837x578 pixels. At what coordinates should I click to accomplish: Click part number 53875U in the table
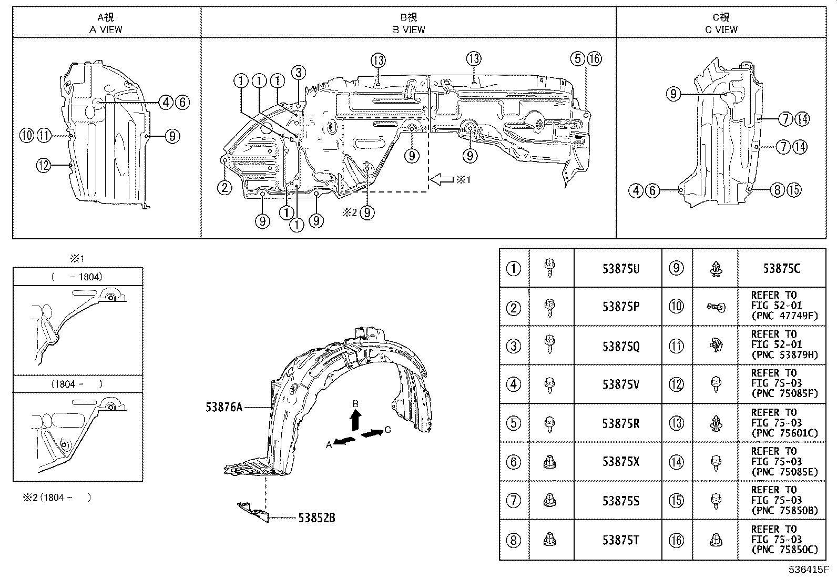(x=620, y=269)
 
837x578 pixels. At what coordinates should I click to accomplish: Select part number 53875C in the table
(x=781, y=269)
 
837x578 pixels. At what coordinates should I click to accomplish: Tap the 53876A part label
(x=224, y=407)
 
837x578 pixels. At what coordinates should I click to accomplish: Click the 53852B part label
(x=317, y=518)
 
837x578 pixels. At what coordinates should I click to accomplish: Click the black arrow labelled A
(x=345, y=441)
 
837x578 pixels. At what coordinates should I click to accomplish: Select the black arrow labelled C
(x=372, y=433)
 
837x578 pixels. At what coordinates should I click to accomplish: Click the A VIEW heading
(x=106, y=30)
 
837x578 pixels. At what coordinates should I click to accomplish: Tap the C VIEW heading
(x=721, y=30)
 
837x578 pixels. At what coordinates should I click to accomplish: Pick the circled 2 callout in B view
(x=224, y=187)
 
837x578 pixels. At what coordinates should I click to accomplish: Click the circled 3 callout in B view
(x=298, y=72)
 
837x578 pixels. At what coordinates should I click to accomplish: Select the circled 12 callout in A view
(x=44, y=166)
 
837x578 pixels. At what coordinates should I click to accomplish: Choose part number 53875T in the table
(x=620, y=540)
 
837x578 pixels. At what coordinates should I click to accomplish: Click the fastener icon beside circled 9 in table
(x=715, y=269)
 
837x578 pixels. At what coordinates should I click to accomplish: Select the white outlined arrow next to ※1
(x=441, y=179)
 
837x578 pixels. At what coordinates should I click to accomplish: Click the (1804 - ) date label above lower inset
(x=77, y=384)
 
